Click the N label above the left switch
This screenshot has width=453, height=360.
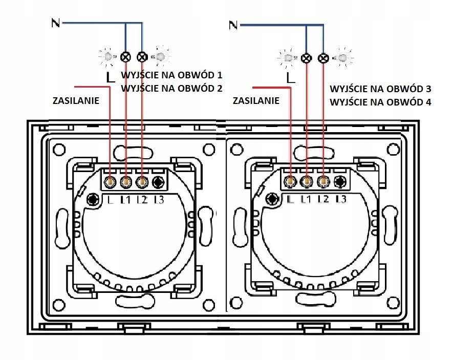click(55, 23)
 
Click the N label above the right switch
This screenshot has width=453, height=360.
click(233, 25)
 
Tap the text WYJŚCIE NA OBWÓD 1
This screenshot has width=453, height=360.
click(171, 75)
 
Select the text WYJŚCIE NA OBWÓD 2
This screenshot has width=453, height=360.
click(171, 88)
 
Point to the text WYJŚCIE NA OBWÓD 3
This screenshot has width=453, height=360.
click(380, 89)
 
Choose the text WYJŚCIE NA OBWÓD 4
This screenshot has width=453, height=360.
click(380, 102)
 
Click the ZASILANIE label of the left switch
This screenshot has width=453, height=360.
click(76, 100)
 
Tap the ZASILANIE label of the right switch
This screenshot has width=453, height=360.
click(256, 100)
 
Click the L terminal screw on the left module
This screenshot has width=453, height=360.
click(110, 182)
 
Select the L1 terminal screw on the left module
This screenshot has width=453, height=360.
click(126, 182)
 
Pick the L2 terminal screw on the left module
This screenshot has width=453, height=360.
click(142, 182)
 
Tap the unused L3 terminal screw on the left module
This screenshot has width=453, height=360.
click(158, 182)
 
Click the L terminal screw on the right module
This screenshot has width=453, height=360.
click(291, 181)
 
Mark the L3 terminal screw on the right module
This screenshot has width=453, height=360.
click(340, 181)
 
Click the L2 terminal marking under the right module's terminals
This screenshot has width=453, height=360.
click(324, 199)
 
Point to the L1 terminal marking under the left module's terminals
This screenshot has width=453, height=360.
click(126, 199)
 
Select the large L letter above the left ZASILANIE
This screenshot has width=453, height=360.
click(111, 77)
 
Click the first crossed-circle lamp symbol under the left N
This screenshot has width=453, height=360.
click(125, 57)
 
